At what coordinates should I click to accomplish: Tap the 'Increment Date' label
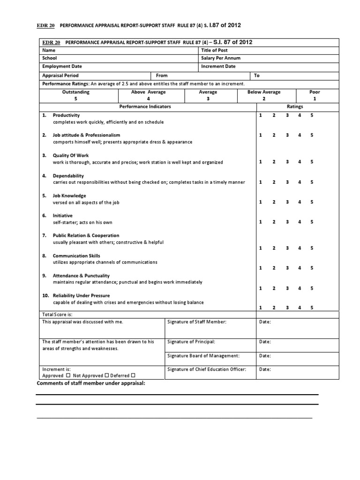[x=218, y=67]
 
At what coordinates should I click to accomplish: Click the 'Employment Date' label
[x=62, y=67]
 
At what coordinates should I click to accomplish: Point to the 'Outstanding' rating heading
[x=75, y=92]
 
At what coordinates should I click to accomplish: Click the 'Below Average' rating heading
[x=264, y=92]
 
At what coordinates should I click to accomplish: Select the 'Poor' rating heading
[x=315, y=92]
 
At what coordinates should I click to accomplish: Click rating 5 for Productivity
[x=312, y=115]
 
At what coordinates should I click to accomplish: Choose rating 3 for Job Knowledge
[x=286, y=202]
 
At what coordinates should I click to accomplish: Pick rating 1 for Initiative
[x=261, y=222]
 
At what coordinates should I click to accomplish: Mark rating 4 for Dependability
[x=299, y=182]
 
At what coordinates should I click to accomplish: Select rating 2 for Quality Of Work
[x=274, y=162]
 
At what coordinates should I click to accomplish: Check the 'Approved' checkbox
[x=68, y=375]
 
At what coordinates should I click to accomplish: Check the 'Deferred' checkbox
[x=133, y=375]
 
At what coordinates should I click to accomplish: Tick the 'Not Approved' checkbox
[x=106, y=375]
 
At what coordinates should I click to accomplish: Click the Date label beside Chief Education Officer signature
[x=265, y=369]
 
